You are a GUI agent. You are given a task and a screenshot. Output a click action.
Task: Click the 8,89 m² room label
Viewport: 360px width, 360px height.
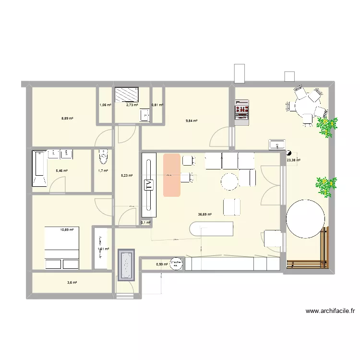67,118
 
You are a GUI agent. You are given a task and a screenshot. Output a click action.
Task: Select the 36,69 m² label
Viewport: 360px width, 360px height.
205,215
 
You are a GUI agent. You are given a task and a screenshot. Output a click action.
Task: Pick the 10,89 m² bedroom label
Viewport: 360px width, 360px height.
67,230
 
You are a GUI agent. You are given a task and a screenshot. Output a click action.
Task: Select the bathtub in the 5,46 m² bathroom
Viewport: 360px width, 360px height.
39,168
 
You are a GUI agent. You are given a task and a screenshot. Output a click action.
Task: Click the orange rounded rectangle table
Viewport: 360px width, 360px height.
171,175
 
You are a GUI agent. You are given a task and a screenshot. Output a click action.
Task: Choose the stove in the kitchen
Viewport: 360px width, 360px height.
241,112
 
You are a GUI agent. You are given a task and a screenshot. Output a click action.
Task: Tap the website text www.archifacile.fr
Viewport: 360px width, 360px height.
330,311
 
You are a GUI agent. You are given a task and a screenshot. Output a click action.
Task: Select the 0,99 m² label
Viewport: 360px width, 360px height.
162,264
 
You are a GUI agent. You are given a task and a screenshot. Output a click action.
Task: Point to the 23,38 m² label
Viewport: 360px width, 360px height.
293,160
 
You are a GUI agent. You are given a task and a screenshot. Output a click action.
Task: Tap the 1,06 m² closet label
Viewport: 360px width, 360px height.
105,105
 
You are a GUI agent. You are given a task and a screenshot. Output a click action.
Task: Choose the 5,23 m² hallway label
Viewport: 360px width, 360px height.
127,175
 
